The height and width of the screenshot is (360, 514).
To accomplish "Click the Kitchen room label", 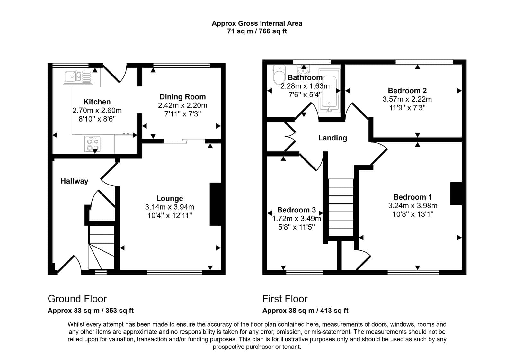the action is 97,102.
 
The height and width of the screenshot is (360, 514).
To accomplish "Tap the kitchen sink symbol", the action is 78,77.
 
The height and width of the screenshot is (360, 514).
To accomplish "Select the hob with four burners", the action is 93,144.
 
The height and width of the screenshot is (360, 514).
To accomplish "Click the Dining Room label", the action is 182,97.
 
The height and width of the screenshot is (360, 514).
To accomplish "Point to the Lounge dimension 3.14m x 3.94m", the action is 170,207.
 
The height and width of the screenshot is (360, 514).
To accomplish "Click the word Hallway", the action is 74,181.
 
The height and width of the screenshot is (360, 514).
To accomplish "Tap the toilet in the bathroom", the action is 279,75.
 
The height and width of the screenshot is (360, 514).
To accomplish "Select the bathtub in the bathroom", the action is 329,91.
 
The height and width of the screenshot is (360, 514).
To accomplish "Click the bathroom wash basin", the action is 303,70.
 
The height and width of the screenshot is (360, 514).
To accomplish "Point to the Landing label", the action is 332,138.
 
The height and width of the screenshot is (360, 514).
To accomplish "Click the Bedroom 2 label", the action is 407,91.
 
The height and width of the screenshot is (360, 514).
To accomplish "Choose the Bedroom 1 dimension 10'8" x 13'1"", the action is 413,214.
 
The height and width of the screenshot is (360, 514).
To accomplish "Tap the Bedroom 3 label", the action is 296,210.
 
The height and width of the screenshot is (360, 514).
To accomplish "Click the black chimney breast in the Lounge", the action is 216,204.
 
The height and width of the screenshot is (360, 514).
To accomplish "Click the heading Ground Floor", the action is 77,299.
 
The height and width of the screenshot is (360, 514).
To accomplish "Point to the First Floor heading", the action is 285,299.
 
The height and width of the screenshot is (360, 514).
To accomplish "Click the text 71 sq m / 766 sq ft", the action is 257,31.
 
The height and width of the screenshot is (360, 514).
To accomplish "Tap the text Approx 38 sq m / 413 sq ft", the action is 305,310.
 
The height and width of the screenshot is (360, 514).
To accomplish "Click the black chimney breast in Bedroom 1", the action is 456,194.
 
